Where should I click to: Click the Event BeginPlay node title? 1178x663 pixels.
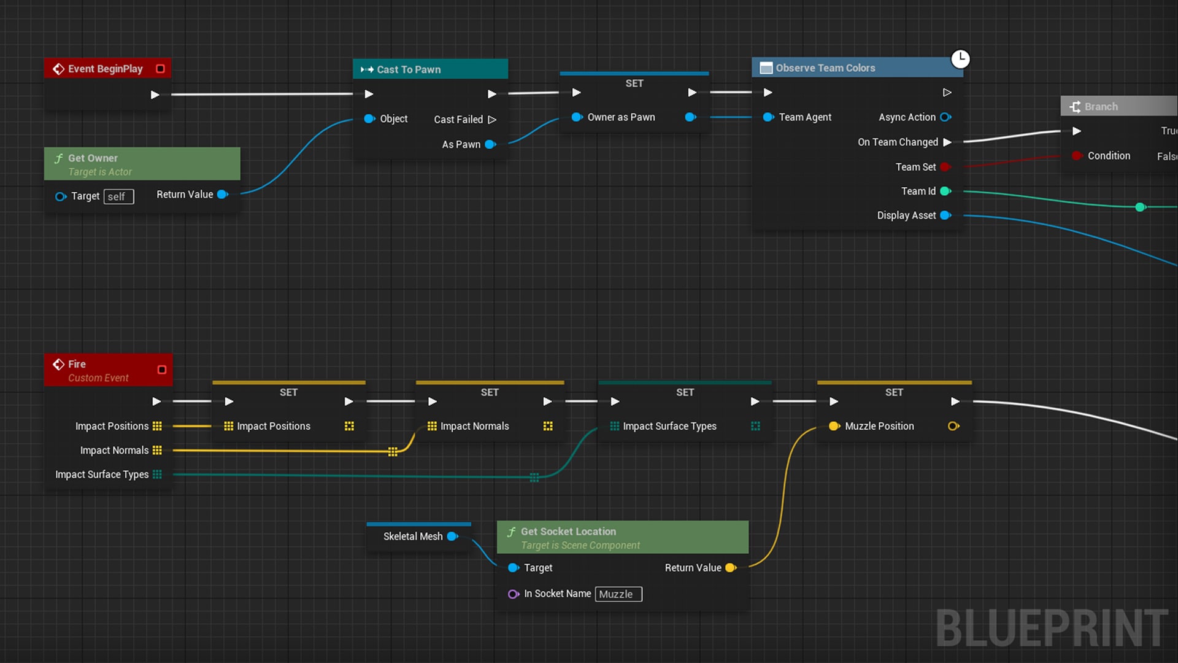(x=105, y=69)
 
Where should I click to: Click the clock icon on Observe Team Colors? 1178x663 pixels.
(x=960, y=59)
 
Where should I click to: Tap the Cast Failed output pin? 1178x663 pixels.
(x=492, y=120)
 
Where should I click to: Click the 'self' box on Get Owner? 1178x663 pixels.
(x=118, y=196)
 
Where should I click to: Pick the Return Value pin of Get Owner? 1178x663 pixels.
(x=223, y=195)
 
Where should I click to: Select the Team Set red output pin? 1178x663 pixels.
(x=945, y=167)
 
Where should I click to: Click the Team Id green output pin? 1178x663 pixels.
(x=945, y=192)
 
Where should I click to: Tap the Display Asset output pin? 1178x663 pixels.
(x=945, y=215)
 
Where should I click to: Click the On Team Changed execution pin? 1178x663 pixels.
(x=947, y=142)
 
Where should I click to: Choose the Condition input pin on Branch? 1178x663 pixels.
(x=1077, y=156)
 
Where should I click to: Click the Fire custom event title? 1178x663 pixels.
(x=77, y=364)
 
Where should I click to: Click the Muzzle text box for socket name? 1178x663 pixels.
(x=618, y=594)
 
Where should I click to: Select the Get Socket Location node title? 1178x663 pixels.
(x=568, y=532)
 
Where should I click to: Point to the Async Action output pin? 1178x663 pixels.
(x=945, y=117)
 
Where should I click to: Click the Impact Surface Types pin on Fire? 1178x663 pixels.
(x=157, y=475)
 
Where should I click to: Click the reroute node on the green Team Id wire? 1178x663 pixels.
(x=1140, y=207)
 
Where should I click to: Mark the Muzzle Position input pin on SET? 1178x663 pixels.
(x=834, y=426)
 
